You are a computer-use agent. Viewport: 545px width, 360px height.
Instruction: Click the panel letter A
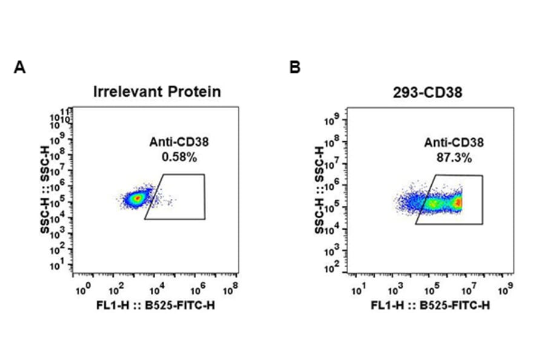19,67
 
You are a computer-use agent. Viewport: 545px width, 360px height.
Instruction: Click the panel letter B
295,67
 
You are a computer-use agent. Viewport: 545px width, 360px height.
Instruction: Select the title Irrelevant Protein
157,92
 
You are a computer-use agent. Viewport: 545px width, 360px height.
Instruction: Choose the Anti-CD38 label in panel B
454,143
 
